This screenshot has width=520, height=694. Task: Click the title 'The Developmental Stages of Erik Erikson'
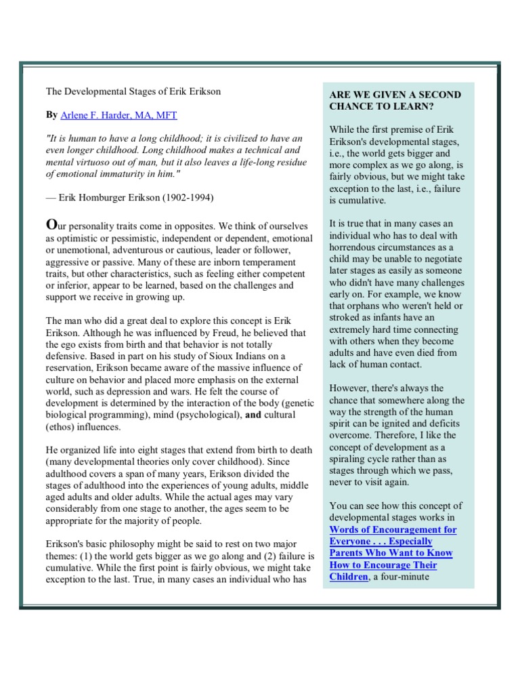point(133,91)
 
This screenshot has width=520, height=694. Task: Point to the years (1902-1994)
point(190,197)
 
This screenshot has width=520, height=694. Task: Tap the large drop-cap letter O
point(50,224)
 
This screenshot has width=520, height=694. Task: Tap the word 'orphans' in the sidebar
point(364,306)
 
